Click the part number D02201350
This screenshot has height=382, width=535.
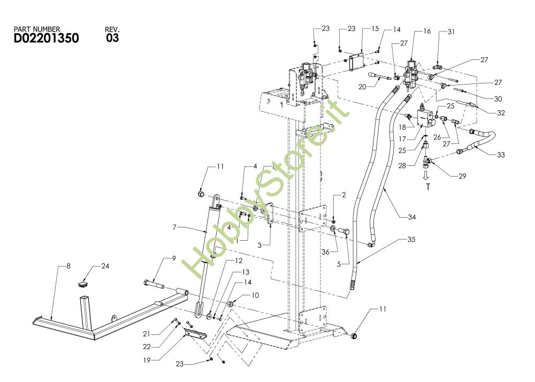click(x=46, y=39)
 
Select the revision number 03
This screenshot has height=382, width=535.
click(x=112, y=38)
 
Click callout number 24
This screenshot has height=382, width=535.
click(x=105, y=265)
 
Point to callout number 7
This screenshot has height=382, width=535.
click(x=174, y=228)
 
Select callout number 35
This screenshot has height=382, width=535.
click(x=411, y=240)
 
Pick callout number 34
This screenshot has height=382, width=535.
click(x=411, y=217)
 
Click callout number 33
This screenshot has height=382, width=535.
click(x=500, y=155)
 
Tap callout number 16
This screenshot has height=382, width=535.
click(x=426, y=32)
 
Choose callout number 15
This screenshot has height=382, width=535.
click(x=374, y=28)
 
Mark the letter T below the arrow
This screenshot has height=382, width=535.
click(x=428, y=187)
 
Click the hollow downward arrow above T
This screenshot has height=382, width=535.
click(x=426, y=175)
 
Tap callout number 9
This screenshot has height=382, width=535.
click(x=173, y=259)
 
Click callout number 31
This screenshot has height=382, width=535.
click(x=451, y=32)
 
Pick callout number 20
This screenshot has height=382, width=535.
click(x=362, y=87)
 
